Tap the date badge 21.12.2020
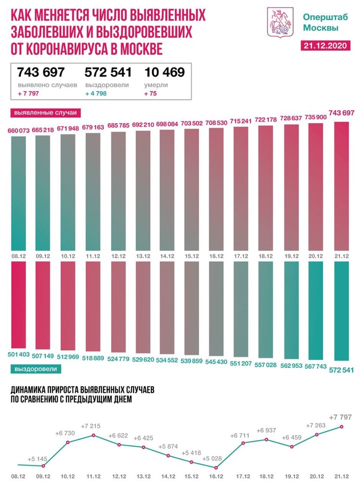coord(325,46)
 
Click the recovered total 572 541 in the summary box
coord(108,72)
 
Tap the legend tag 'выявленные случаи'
coord(42,112)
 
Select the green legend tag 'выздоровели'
coord(35,369)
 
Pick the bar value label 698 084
coord(167,124)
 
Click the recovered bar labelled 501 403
coord(18,305)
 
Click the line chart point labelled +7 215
coord(93,435)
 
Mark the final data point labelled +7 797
coord(341,426)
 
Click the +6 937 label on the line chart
coord(266,430)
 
